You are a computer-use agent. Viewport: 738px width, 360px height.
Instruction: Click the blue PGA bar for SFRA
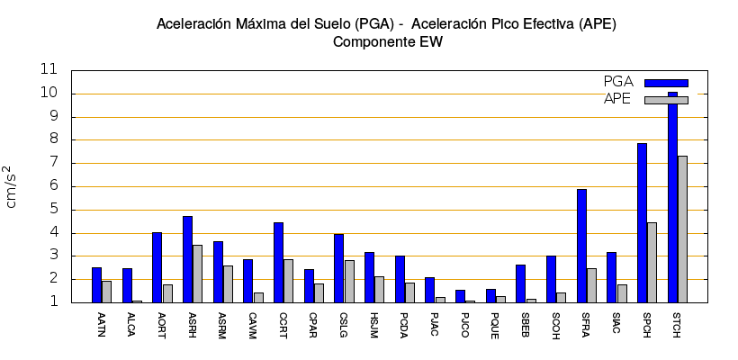pos(581,246)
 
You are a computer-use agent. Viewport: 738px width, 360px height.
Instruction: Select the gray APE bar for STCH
pos(682,229)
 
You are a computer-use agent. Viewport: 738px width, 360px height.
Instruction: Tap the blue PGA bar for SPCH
pos(642,222)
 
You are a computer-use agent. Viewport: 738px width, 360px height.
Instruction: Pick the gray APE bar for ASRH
pos(197,274)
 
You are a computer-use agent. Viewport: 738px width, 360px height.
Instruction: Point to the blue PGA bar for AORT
pos(157,267)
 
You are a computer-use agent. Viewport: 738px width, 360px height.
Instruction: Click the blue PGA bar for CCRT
pos(278,262)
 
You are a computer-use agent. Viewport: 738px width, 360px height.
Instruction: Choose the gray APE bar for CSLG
pos(349,281)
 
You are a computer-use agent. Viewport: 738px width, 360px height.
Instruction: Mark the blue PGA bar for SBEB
pos(520,283)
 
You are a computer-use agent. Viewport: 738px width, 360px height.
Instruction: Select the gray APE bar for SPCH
pos(652,262)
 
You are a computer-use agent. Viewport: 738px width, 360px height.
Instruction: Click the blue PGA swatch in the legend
pos(666,83)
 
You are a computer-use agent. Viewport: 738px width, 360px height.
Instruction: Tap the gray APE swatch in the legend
pos(666,99)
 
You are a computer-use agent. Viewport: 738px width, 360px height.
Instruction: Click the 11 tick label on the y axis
pos(49,69)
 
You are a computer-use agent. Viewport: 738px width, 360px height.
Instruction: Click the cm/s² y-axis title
pos(12,186)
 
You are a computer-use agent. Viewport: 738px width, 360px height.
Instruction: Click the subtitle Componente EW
pos(387,41)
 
